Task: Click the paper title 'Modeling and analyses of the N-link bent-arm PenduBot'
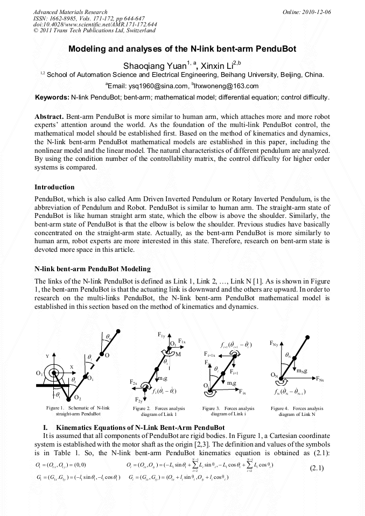click(x=182, y=48)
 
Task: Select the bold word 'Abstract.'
click(x=50, y=117)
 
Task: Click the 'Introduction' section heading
click(x=54, y=187)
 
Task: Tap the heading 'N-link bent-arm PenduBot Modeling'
click(x=92, y=268)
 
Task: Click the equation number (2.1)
click(x=317, y=468)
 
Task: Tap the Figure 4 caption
click(x=297, y=411)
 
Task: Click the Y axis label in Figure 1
click(x=47, y=356)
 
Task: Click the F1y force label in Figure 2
click(x=162, y=335)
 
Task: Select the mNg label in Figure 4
click(x=302, y=370)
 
